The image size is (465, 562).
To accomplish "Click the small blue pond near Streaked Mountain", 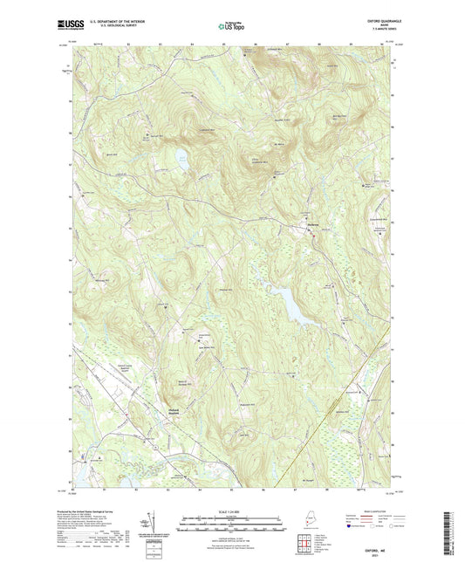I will pos(181,158).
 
